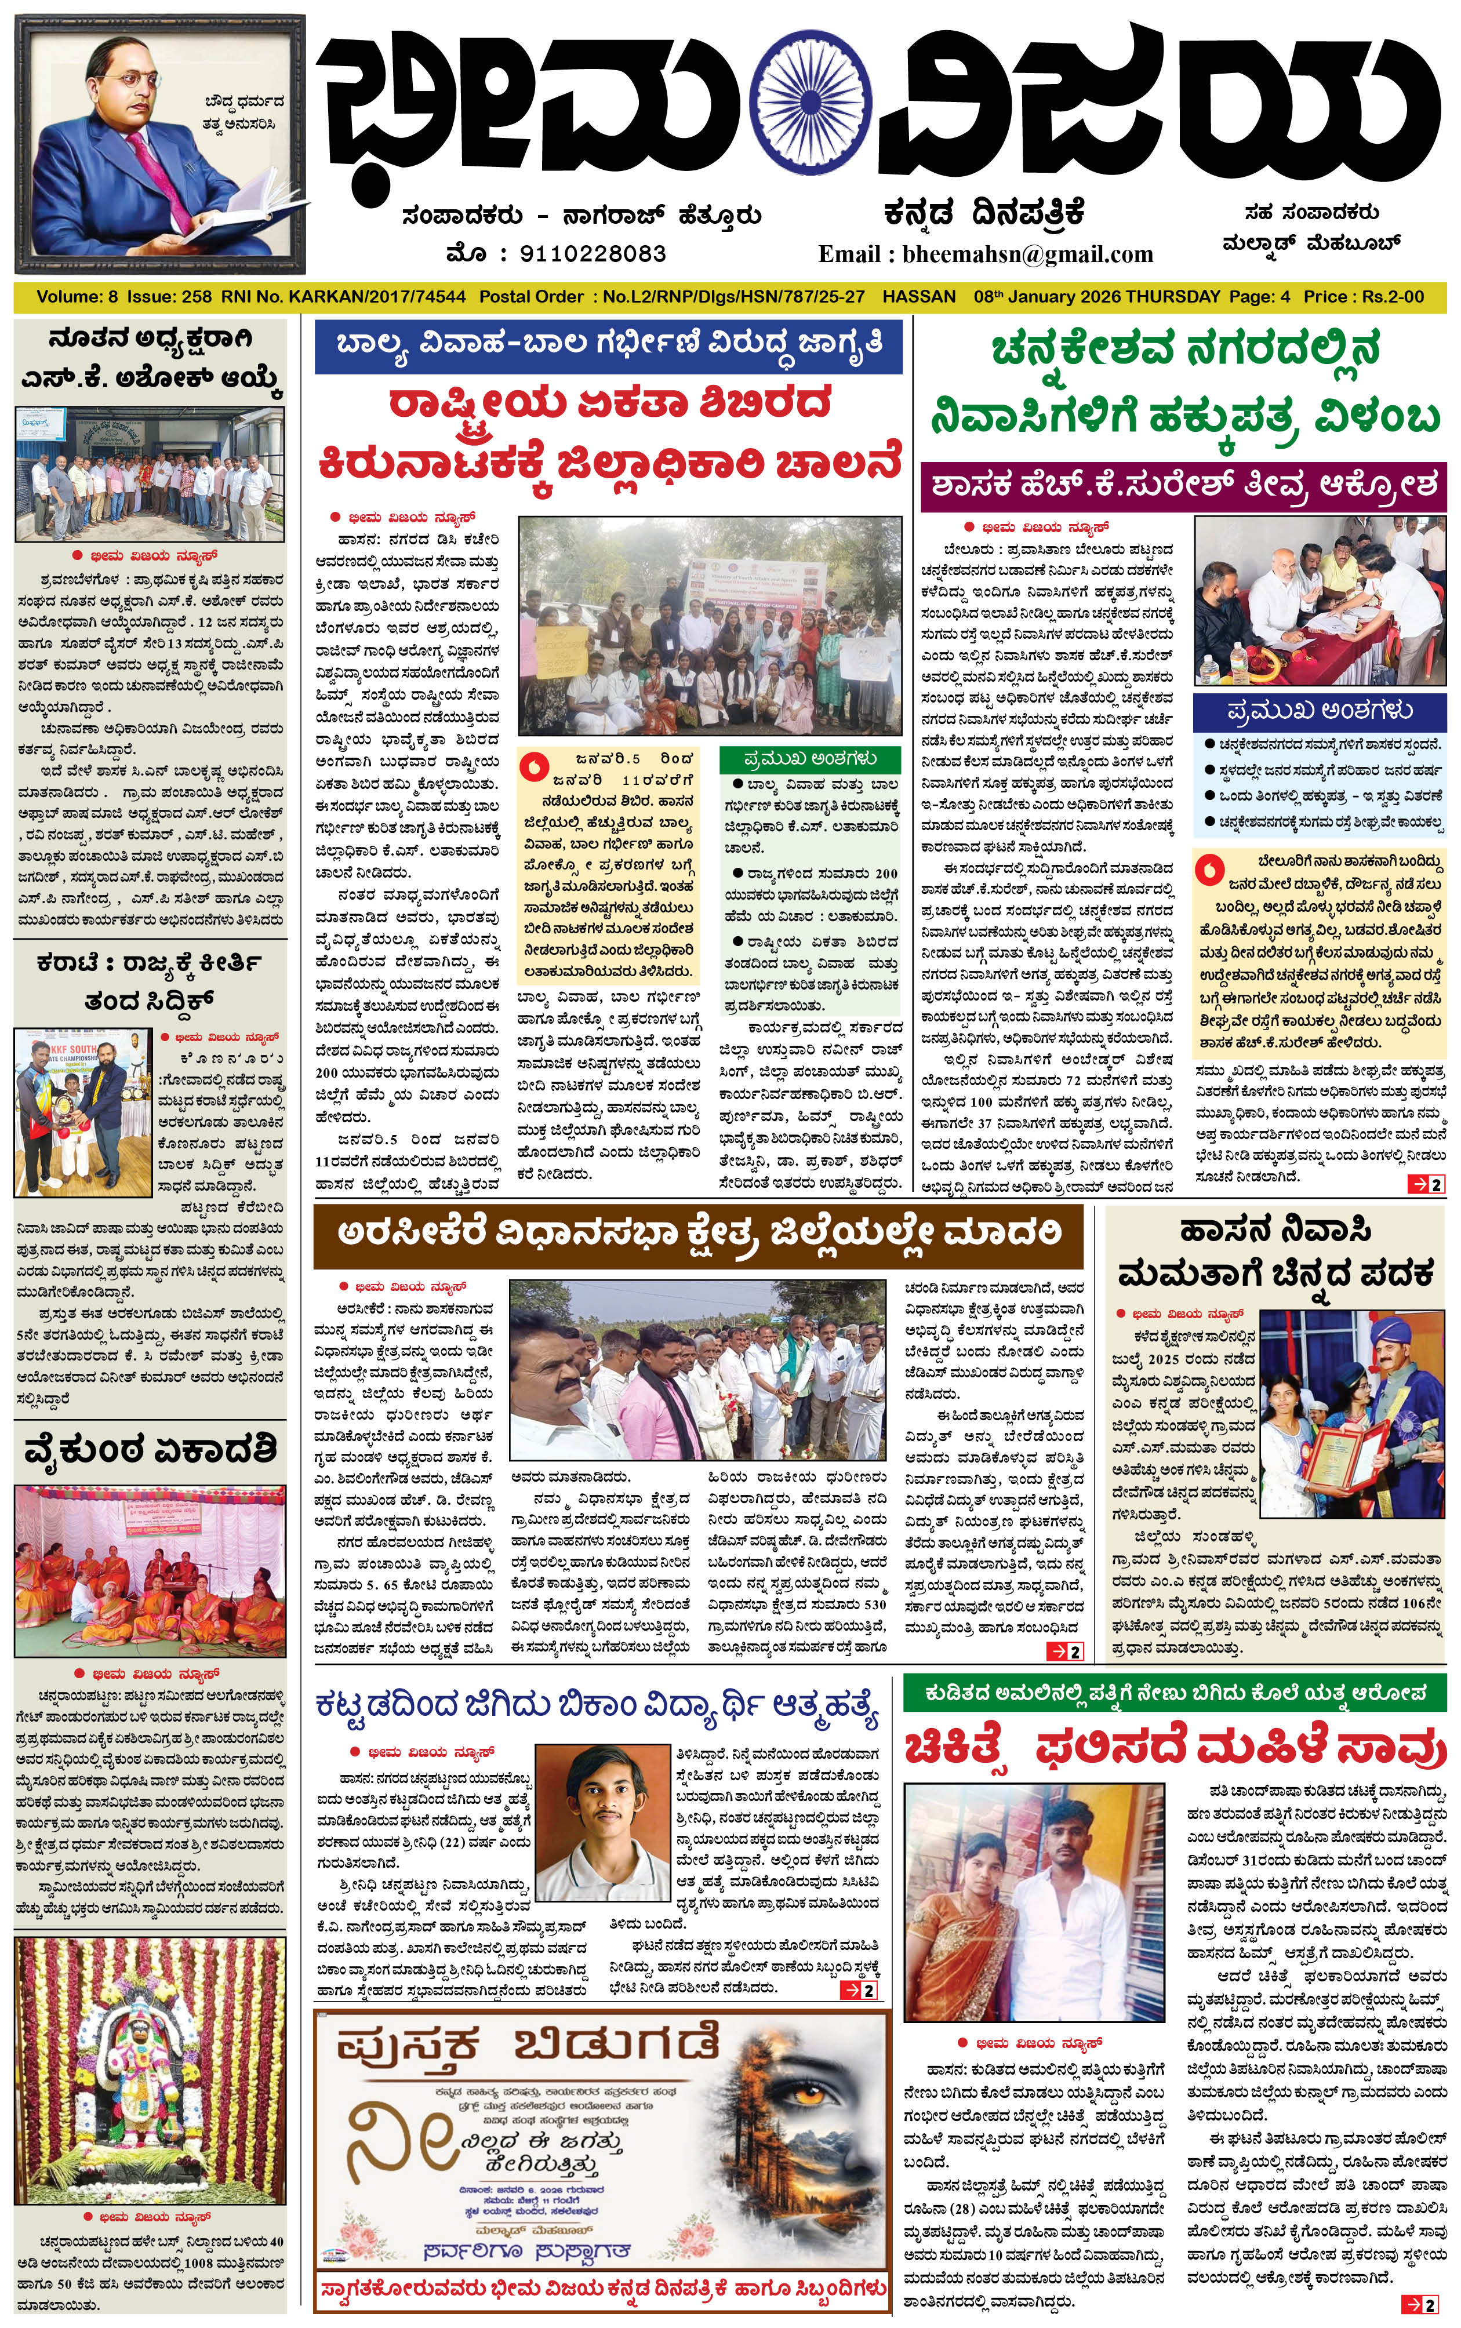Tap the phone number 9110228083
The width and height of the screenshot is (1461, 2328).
tap(593, 254)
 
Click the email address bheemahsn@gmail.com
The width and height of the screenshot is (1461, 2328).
tap(1027, 254)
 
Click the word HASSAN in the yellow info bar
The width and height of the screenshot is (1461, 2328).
tap(919, 297)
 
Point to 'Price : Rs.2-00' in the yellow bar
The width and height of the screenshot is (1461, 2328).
tap(1364, 297)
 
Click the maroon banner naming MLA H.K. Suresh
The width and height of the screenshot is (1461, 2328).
tap(1183, 486)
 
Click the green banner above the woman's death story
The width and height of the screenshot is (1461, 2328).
tap(1174, 1693)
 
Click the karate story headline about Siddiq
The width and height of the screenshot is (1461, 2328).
tap(150, 980)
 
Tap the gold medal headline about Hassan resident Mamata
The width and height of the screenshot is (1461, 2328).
tap(1275, 1253)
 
